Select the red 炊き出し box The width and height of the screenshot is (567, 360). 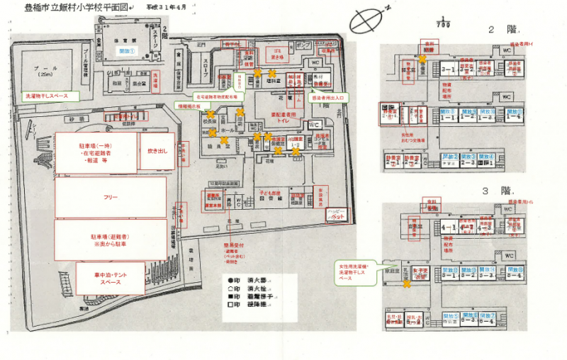tap(156, 151)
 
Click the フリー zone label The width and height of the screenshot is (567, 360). tap(111, 196)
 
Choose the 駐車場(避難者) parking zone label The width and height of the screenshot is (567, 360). tap(111, 239)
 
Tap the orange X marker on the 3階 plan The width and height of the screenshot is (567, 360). tap(407, 284)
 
